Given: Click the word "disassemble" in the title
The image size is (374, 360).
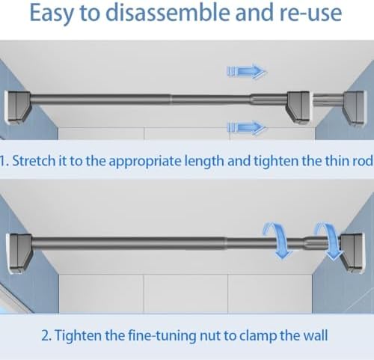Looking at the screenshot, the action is click(169, 13).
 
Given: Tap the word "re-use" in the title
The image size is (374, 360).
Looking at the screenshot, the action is click(310, 13).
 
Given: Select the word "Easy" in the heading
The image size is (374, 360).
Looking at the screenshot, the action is click(52, 13).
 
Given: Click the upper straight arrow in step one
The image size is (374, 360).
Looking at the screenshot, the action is click(246, 72).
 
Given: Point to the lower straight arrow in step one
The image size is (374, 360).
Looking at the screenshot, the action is click(246, 127).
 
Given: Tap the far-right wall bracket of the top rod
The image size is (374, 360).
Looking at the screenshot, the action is click(355, 108).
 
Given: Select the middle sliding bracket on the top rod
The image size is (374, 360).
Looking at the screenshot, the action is click(299, 107).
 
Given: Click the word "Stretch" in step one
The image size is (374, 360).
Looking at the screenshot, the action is click(34, 161).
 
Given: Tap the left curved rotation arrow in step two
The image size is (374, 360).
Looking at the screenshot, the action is click(278, 241).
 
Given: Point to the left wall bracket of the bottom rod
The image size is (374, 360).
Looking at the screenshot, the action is click(19, 253).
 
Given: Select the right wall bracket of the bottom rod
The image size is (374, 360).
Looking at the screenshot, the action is click(352, 253).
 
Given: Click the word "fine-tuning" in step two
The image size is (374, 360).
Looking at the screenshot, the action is click(162, 335).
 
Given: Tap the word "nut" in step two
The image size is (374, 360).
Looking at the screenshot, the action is click(210, 336).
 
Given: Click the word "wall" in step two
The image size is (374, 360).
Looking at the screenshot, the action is click(316, 335).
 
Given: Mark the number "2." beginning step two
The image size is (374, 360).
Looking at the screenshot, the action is click(46, 336).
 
